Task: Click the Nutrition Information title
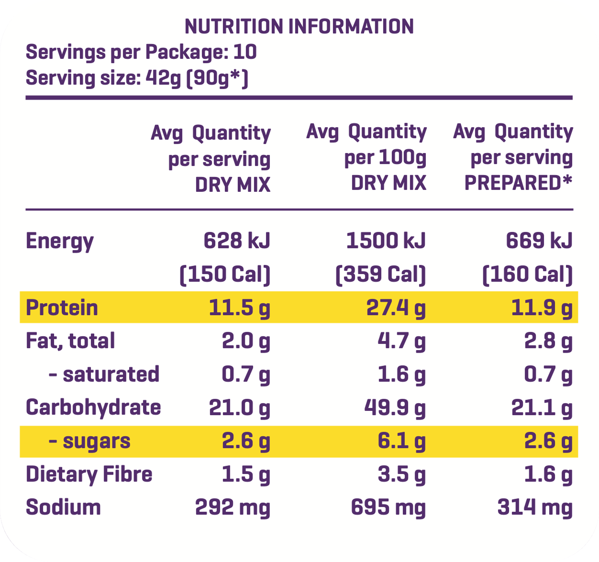[x=299, y=26]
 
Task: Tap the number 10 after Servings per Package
[x=245, y=52]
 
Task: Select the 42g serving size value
[x=163, y=78]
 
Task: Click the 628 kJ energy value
[x=237, y=240]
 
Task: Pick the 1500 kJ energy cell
[x=386, y=240]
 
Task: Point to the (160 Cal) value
[x=527, y=274]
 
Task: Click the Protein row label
[x=62, y=308]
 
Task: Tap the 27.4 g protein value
[x=396, y=308]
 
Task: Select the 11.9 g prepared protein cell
[x=542, y=308]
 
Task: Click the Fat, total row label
[x=70, y=341]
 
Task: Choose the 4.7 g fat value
[x=401, y=341]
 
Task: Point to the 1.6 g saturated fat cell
[x=401, y=374]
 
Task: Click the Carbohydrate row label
[x=93, y=408]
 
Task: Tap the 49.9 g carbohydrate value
[x=395, y=408]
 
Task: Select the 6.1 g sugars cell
[x=401, y=441]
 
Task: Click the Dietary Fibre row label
[x=89, y=474]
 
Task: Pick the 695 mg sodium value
[x=388, y=507]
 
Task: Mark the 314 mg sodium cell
[x=535, y=507]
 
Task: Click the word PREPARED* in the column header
[x=518, y=183]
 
